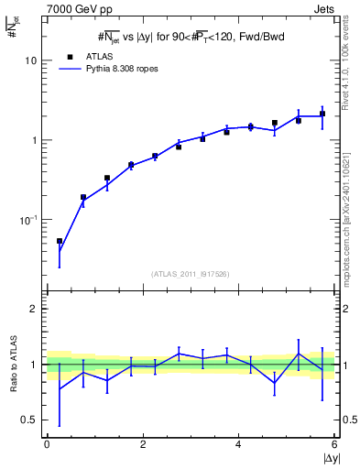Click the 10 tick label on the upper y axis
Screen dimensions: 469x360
tap(30, 60)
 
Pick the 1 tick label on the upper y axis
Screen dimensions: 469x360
tap(33, 140)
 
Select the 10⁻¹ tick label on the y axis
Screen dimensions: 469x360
tap(28, 220)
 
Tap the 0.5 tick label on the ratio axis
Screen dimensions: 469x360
tap(29, 420)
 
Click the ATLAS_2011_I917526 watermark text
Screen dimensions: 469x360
tap(191, 274)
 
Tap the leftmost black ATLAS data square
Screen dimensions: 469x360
tap(60, 241)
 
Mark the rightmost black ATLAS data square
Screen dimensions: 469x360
tap(322, 115)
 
